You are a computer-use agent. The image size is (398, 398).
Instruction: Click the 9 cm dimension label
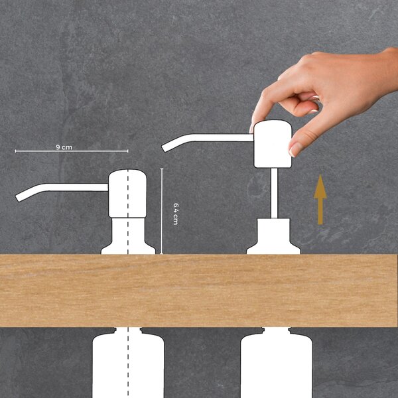64,147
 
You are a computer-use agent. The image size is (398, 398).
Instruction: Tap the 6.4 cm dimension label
176,214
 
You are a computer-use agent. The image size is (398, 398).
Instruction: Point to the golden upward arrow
320,200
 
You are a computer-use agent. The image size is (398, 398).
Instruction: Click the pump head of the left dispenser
127,194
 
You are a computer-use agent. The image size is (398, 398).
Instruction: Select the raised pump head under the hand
273,144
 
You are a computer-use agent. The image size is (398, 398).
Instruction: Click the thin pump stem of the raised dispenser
274,193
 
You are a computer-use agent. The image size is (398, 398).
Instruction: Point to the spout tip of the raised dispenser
165,148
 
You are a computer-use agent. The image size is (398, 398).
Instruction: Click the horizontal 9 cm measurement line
72,151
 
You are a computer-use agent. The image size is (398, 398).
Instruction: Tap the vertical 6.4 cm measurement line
162,211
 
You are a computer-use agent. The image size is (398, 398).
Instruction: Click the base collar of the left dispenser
128,236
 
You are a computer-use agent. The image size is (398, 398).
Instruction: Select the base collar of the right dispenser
273,236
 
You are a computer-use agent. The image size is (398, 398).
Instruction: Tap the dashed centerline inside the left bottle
128,363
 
